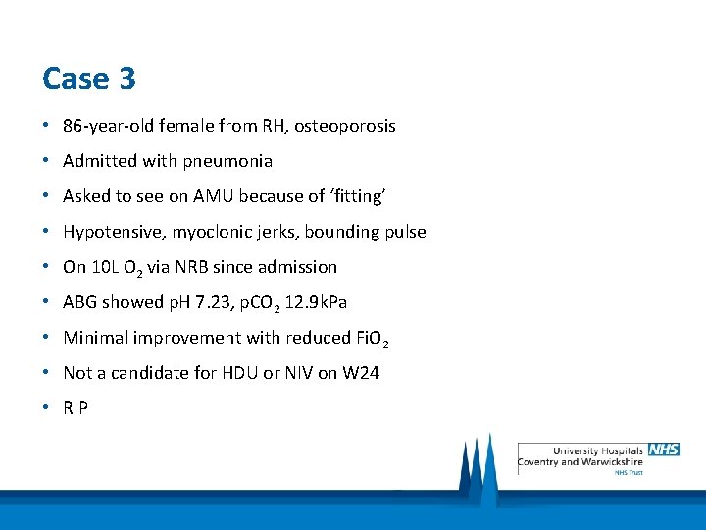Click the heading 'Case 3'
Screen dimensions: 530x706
click(89, 79)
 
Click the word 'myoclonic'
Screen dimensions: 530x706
click(199, 232)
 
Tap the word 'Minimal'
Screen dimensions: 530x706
click(94, 338)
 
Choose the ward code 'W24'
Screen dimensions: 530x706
click(361, 373)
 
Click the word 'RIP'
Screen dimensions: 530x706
click(76, 408)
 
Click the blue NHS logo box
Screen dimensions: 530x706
click(663, 450)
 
